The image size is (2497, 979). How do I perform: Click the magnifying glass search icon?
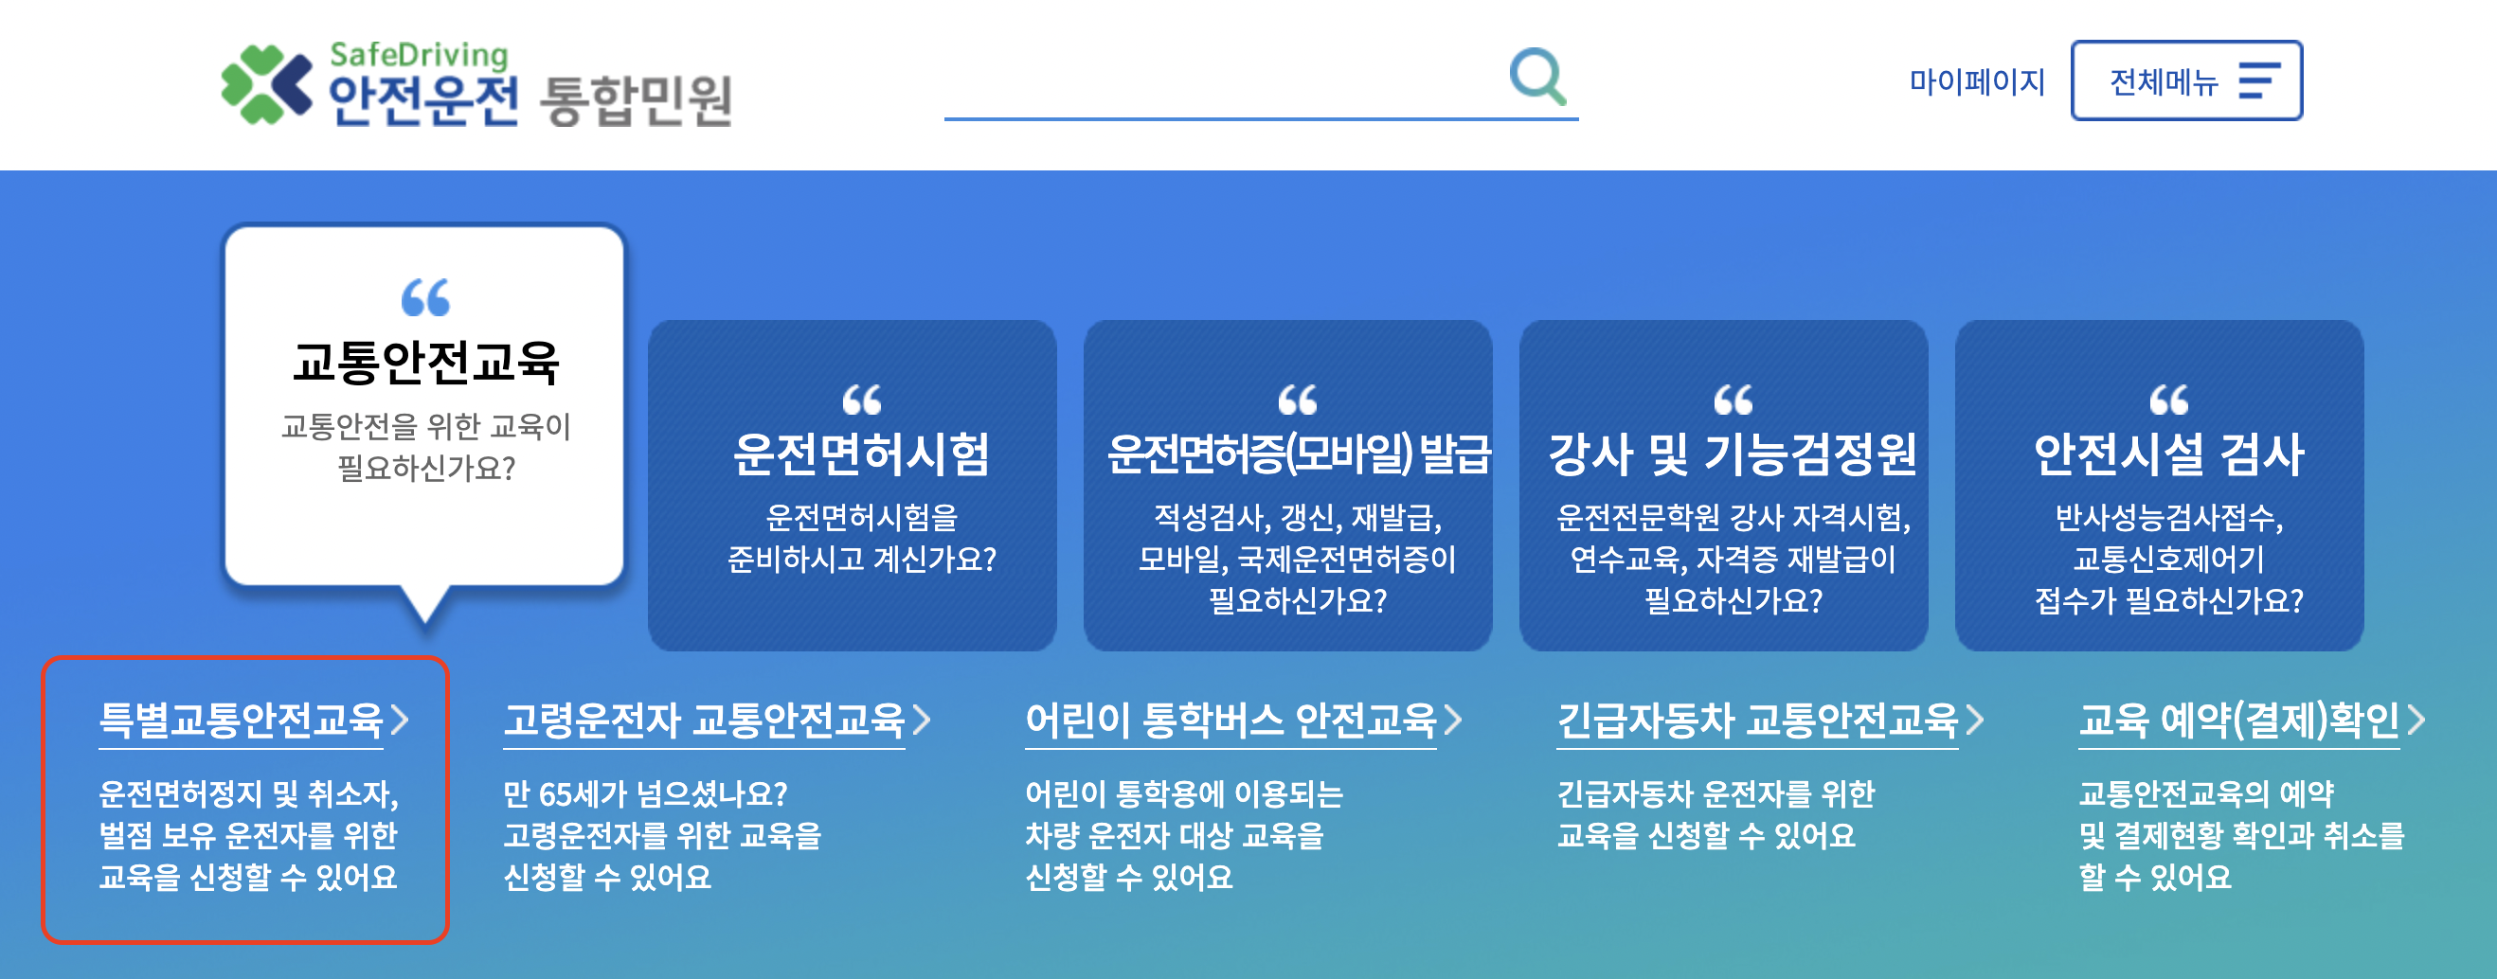[x=1537, y=77]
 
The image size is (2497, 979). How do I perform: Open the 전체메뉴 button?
[x=2186, y=81]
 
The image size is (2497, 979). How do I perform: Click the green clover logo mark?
[x=264, y=84]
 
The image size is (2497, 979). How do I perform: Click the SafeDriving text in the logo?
[x=419, y=54]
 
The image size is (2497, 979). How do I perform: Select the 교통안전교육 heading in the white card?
[x=425, y=364]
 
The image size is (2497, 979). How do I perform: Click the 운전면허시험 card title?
[x=861, y=454]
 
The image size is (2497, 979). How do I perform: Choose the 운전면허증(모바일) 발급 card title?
[x=1298, y=454]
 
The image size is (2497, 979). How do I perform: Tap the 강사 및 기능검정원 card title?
[x=1733, y=454]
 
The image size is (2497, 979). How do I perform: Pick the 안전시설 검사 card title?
[x=2168, y=454]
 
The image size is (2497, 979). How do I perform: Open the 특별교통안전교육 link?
[x=242, y=721]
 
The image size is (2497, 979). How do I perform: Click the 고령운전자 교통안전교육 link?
[x=704, y=721]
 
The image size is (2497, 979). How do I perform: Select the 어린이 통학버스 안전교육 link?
[x=1231, y=721]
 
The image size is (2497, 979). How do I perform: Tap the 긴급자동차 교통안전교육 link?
[x=1757, y=721]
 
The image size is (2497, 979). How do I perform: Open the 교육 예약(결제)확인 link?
[x=2238, y=721]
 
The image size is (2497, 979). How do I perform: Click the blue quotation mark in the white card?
[x=425, y=297]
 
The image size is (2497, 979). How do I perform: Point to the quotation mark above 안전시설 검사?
[x=2168, y=400]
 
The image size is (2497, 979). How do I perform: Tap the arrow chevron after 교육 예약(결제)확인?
[x=2416, y=721]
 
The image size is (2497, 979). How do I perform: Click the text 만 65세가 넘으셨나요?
[x=644, y=794]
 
